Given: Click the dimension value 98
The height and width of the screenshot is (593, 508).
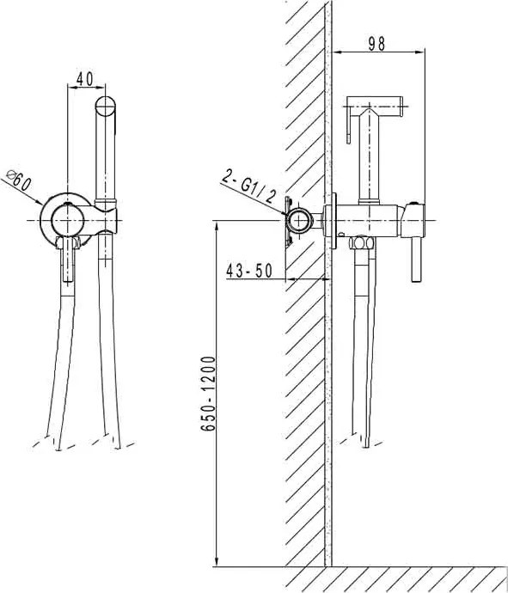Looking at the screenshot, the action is (376, 44).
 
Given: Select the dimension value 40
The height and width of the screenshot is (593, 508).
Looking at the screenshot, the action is (85, 79).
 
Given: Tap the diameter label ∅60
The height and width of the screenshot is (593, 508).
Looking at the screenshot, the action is (19, 180).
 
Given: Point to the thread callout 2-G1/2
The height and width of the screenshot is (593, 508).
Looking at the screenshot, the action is (248, 186).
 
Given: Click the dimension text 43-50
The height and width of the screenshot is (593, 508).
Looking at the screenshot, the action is (249, 271).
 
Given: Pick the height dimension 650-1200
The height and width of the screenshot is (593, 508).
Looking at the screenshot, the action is (208, 394).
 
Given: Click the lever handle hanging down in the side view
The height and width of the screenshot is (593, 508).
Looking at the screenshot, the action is (417, 260).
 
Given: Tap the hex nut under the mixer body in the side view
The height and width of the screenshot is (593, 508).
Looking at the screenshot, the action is (362, 243).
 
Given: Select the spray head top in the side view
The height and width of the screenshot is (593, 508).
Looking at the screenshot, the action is (375, 102).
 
